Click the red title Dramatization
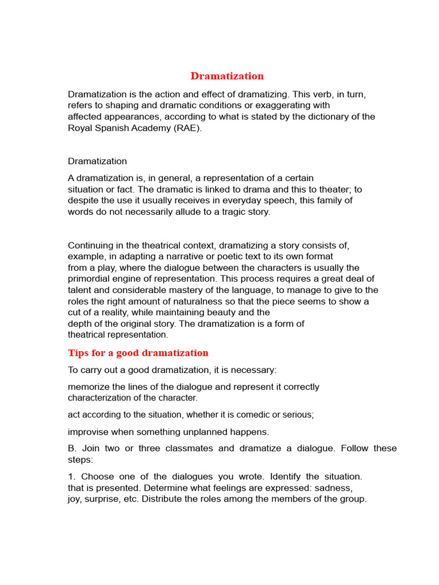(x=227, y=76)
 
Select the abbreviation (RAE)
(x=184, y=128)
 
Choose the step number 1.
(x=71, y=476)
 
